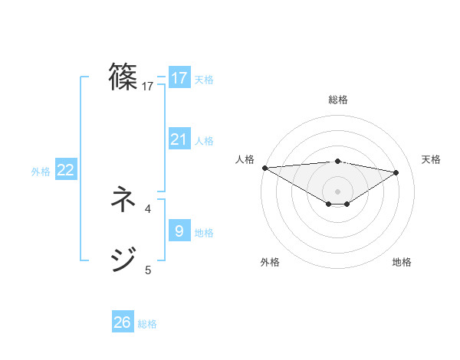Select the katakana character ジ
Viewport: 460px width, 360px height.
[x=123, y=260]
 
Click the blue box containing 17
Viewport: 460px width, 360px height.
[x=179, y=78]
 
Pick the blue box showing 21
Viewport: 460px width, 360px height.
[x=179, y=139]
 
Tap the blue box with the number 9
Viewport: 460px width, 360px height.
[x=179, y=231]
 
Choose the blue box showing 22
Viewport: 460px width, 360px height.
[x=66, y=171]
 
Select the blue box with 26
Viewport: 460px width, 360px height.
[x=123, y=322]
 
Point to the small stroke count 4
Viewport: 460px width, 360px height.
[x=148, y=208]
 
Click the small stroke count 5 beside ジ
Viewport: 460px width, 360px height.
[x=148, y=269]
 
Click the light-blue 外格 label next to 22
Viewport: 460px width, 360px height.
[x=41, y=172]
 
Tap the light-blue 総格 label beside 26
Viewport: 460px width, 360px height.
[x=147, y=324]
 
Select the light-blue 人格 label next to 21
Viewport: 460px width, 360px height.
[x=204, y=141]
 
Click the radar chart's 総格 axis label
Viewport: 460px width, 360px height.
[x=337, y=100]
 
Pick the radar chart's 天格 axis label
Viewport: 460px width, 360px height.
[x=431, y=159]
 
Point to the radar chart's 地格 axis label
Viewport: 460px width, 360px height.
[x=402, y=262]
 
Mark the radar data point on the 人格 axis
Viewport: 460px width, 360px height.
[x=264, y=167]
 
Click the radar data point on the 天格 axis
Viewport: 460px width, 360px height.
[x=396, y=172]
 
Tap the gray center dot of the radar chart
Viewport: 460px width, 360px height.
[x=337, y=191]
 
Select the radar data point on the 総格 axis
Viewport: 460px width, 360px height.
[x=337, y=161]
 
